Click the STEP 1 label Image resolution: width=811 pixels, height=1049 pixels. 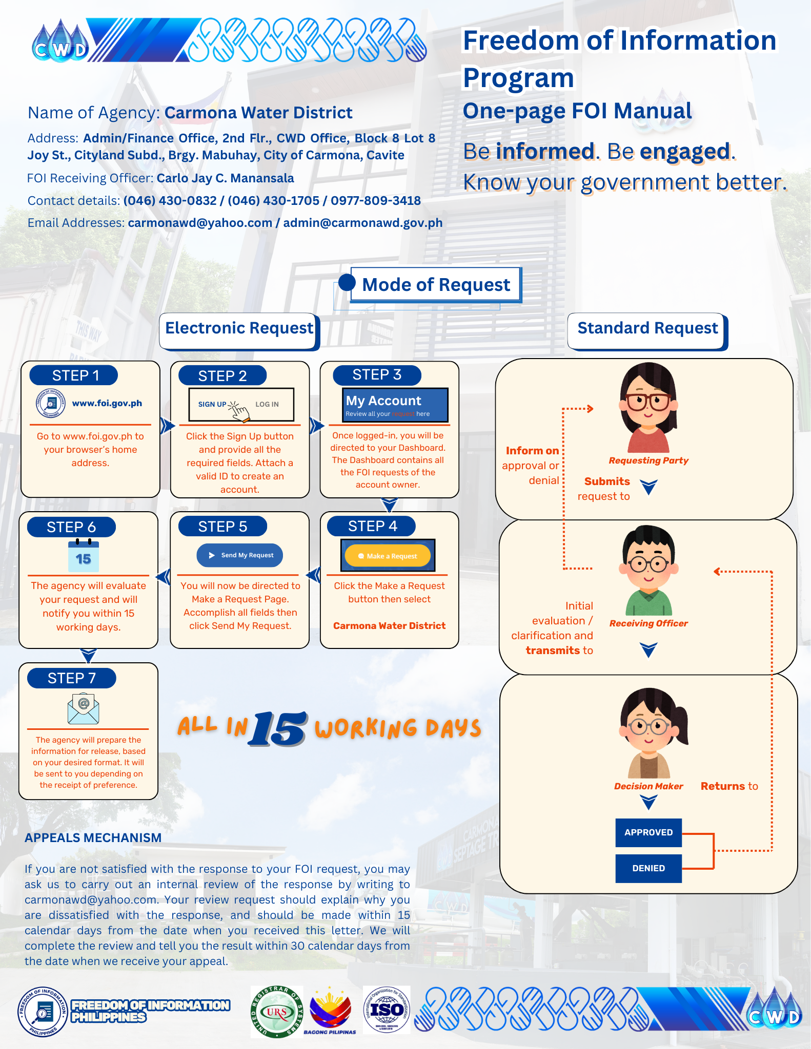click(x=74, y=375)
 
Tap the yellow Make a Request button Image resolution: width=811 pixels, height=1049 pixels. click(x=388, y=556)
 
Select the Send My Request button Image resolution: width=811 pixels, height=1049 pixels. click(x=239, y=555)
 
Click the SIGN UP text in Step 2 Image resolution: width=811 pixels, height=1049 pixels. click(x=212, y=404)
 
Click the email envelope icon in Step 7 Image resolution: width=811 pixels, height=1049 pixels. click(x=83, y=708)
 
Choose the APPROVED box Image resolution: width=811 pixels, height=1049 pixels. click(x=648, y=832)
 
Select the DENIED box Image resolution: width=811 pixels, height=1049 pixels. click(x=648, y=868)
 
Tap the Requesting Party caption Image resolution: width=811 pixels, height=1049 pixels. click(x=648, y=460)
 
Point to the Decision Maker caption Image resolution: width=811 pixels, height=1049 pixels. click(x=648, y=786)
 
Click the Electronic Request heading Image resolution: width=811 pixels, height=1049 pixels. click(x=239, y=328)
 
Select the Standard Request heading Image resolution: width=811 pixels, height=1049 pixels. click(x=647, y=328)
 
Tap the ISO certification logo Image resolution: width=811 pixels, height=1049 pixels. click(x=387, y=1010)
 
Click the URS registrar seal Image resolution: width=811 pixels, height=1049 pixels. click(x=277, y=1012)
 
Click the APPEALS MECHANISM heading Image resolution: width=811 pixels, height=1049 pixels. click(x=93, y=837)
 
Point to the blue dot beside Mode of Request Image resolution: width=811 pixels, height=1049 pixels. click(x=347, y=282)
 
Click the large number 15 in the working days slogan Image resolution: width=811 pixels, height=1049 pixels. click(x=279, y=728)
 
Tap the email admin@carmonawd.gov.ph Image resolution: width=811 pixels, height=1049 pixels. click(x=363, y=223)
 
